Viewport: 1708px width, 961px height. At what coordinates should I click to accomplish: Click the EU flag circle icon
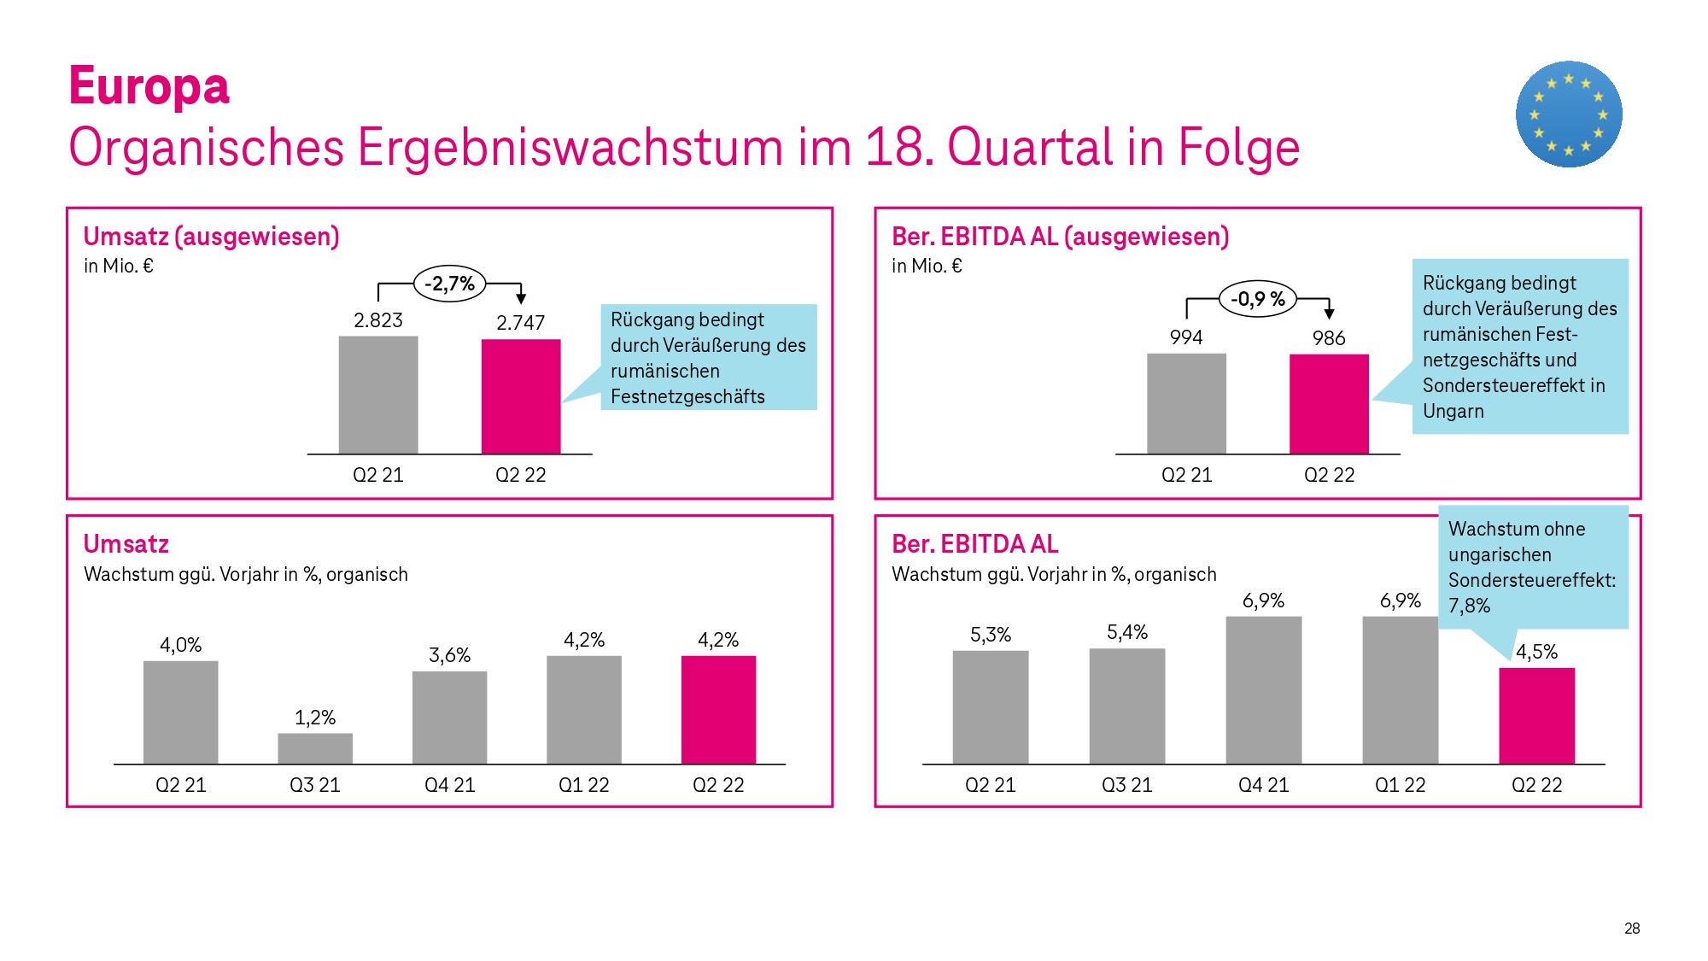[x=1569, y=114]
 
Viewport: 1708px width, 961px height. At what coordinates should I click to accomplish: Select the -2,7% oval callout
[x=449, y=284]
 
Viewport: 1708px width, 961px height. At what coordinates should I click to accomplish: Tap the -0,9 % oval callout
[x=1257, y=299]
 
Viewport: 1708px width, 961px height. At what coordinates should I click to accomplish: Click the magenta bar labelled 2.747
[x=521, y=396]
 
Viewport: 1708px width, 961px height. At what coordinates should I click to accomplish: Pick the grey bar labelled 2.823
[x=378, y=395]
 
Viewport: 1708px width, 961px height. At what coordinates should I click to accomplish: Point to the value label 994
[x=1186, y=337]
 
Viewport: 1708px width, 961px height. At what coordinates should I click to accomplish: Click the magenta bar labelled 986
[x=1329, y=404]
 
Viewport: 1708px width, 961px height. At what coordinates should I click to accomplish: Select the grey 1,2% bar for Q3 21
[x=315, y=748]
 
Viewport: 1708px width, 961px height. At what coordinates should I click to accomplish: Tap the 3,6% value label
[x=449, y=655]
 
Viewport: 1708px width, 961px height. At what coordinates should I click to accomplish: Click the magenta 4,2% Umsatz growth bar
[x=718, y=709]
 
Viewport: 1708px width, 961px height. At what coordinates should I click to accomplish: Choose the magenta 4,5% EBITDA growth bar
[x=1536, y=716]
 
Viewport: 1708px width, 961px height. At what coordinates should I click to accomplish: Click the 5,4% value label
[x=1127, y=632]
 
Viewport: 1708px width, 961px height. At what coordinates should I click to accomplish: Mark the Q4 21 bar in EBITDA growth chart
[x=1263, y=690]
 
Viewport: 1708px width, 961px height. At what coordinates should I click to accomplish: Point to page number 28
[x=1631, y=929]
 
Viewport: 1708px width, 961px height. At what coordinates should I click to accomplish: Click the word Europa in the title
[x=149, y=87]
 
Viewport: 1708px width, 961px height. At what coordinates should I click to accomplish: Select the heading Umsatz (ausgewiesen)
[x=211, y=237]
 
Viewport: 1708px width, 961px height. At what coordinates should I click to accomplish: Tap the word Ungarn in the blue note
[x=1453, y=411]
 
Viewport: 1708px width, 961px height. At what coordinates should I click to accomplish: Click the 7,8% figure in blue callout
[x=1469, y=606]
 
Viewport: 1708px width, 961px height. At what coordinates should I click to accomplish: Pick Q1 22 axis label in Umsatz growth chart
[x=583, y=785]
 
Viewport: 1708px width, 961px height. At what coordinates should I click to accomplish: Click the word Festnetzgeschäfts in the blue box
[x=687, y=396]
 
